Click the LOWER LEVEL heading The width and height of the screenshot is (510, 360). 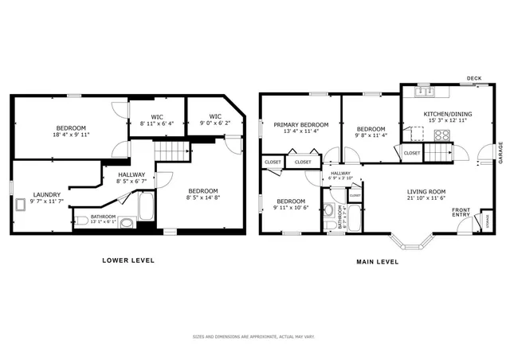click(127, 260)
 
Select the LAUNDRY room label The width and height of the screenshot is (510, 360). click(46, 194)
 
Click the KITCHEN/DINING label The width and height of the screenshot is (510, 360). click(447, 114)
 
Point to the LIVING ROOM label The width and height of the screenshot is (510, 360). click(426, 191)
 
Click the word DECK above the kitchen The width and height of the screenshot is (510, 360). click(474, 78)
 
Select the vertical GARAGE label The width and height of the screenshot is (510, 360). click(501, 153)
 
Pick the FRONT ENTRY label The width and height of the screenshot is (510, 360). click(461, 213)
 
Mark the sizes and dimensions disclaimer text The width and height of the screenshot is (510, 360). click(253, 337)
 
